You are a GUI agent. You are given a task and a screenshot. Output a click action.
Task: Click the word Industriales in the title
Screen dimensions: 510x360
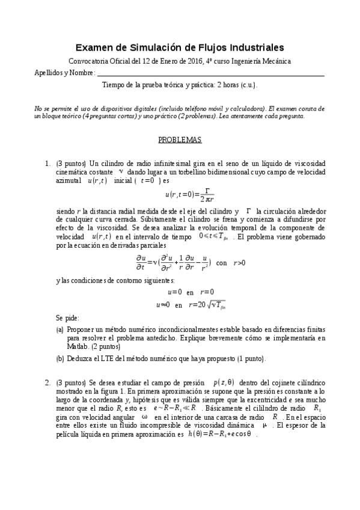250,48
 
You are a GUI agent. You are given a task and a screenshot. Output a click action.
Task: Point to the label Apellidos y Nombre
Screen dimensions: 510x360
64,73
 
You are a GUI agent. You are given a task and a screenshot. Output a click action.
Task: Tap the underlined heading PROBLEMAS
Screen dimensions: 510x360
180,140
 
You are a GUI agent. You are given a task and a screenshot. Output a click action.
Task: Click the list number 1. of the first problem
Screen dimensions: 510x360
47,163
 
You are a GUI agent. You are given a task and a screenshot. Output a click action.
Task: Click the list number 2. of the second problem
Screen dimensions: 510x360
47,382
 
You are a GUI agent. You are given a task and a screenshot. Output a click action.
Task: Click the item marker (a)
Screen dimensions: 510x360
60,331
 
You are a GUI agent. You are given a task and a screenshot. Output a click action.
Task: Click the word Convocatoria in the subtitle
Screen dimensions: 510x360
91,61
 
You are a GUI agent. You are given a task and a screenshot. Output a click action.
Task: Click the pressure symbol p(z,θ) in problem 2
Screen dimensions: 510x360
224,382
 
